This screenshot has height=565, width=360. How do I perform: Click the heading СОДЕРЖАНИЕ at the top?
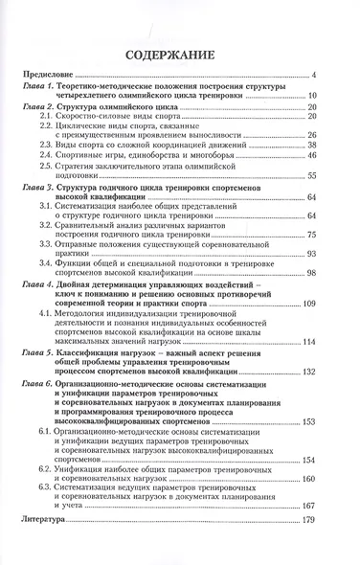tap(179, 55)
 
